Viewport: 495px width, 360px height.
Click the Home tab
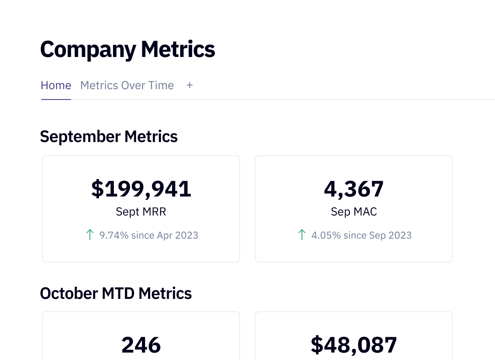[x=56, y=85]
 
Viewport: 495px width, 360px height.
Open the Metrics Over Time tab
[x=127, y=85]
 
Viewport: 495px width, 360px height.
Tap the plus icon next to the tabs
[x=190, y=85]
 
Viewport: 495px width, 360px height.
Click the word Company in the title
[x=87, y=50]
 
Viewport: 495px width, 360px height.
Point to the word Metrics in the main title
[x=178, y=50]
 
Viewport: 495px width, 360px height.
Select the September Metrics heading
[x=109, y=137]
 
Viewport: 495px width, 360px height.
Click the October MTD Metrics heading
[x=116, y=294]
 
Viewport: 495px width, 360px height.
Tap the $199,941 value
[x=141, y=189]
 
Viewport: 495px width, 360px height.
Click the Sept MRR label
[x=141, y=212]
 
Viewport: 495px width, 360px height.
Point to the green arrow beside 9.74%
[x=90, y=235]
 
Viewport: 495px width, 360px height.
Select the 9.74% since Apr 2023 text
[x=149, y=235]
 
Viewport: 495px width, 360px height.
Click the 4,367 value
[x=354, y=189]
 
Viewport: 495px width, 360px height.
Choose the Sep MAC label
[x=354, y=212]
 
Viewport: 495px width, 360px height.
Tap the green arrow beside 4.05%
[x=302, y=235]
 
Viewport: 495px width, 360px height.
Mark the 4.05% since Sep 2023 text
[x=361, y=235]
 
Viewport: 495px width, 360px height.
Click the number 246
[x=141, y=345]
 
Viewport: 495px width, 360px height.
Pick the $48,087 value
[x=354, y=345]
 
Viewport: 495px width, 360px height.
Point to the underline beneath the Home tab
[x=56, y=99]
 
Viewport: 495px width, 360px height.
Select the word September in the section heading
[x=80, y=137]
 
